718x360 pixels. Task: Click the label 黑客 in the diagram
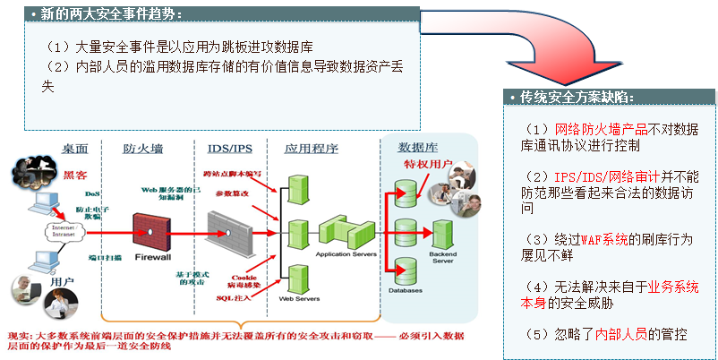tap(75, 176)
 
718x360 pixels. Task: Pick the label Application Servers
tap(344, 254)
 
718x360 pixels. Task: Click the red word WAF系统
tap(602, 240)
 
